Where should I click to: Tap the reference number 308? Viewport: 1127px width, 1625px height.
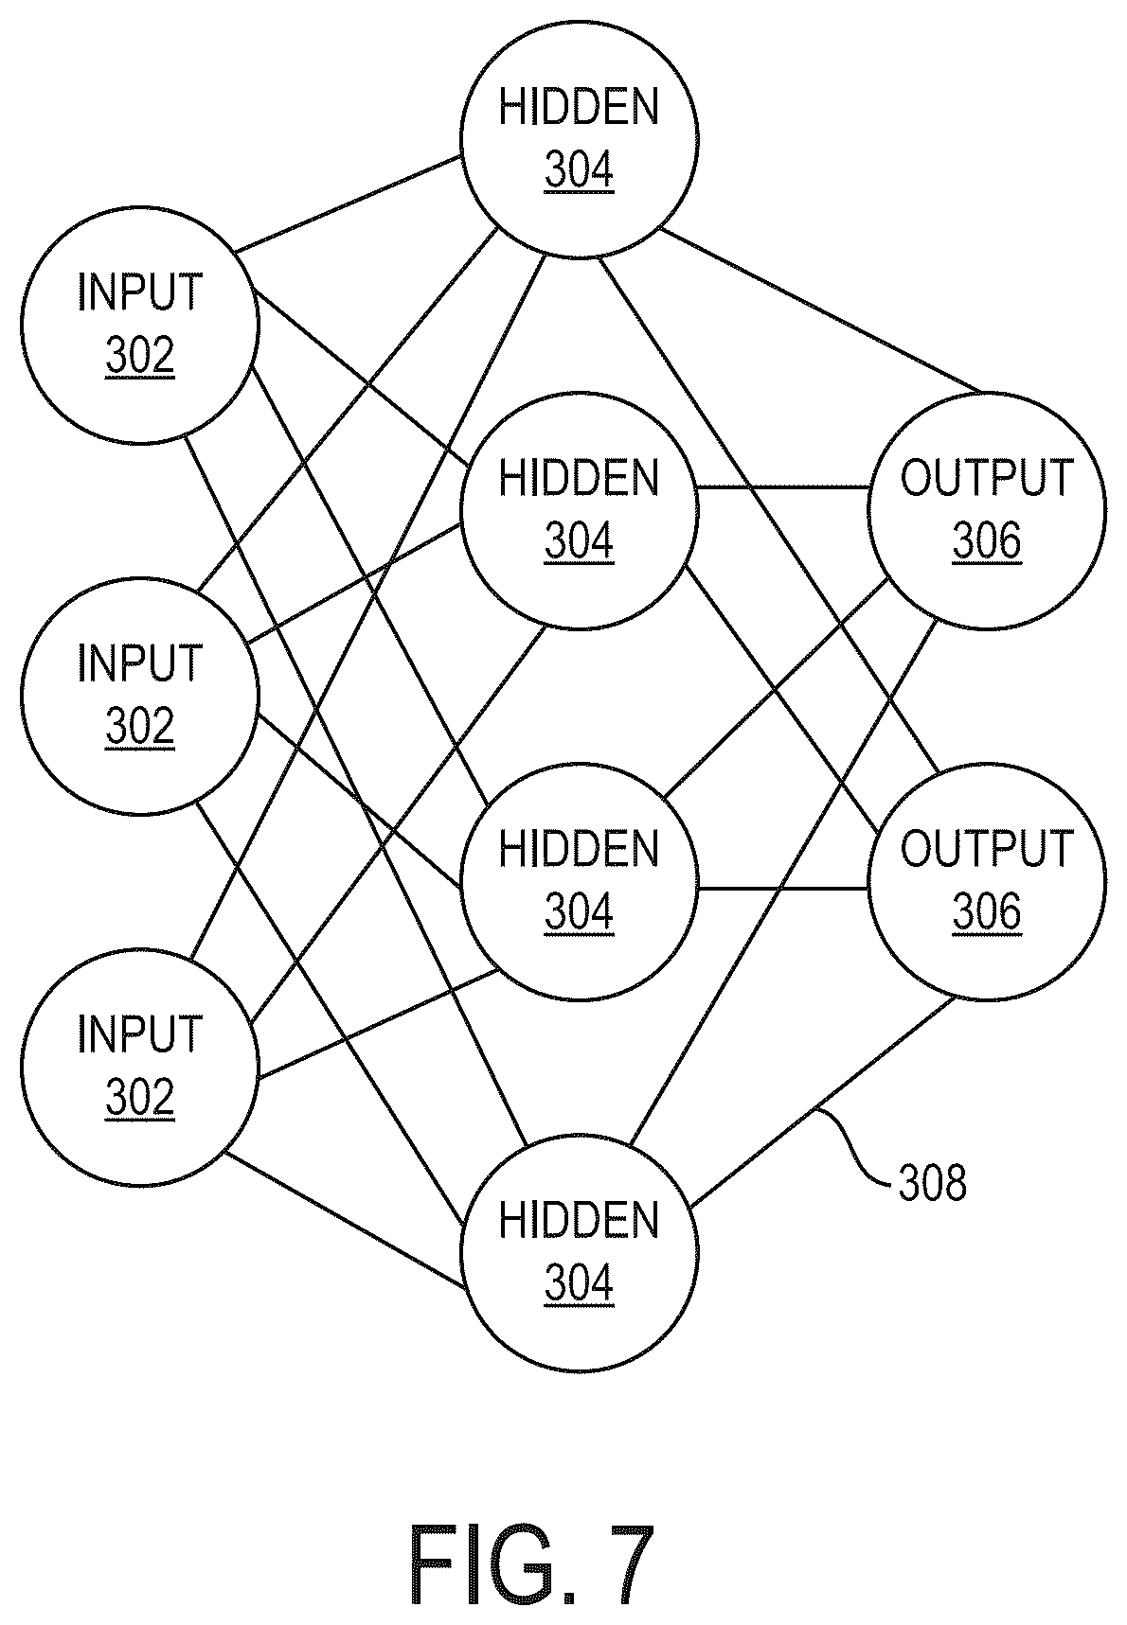tap(933, 1183)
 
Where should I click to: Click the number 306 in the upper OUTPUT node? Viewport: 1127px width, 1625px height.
tap(987, 542)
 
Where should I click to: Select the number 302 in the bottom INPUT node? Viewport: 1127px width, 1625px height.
tap(140, 1099)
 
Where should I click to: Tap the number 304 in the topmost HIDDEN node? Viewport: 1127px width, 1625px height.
tap(580, 171)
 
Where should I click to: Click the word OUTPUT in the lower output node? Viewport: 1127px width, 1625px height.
tap(987, 849)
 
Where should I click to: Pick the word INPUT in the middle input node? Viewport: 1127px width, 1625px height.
tap(140, 663)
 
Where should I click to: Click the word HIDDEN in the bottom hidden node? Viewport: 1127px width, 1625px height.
tap(580, 1220)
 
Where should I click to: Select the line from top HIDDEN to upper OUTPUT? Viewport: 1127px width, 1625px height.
tap(821, 310)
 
